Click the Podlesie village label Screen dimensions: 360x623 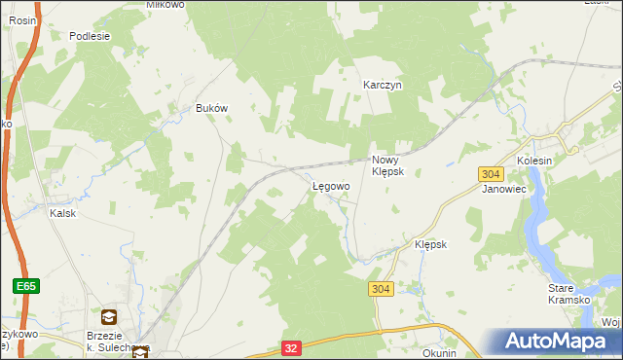pyautogui.click(x=90, y=36)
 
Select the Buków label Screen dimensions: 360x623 pyautogui.click(x=211, y=109)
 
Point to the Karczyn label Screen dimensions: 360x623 pyautogui.click(x=383, y=85)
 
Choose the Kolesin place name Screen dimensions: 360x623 pyautogui.click(x=534, y=161)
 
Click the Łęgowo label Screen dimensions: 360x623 pyautogui.click(x=330, y=186)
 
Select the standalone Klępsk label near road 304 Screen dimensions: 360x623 pyautogui.click(x=430, y=244)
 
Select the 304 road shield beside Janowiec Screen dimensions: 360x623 pyautogui.click(x=491, y=173)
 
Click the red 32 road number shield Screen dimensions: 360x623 pyautogui.click(x=291, y=346)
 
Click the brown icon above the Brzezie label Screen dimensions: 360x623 pyautogui.click(x=108, y=316)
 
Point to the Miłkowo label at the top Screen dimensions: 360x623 pyautogui.click(x=165, y=5)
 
